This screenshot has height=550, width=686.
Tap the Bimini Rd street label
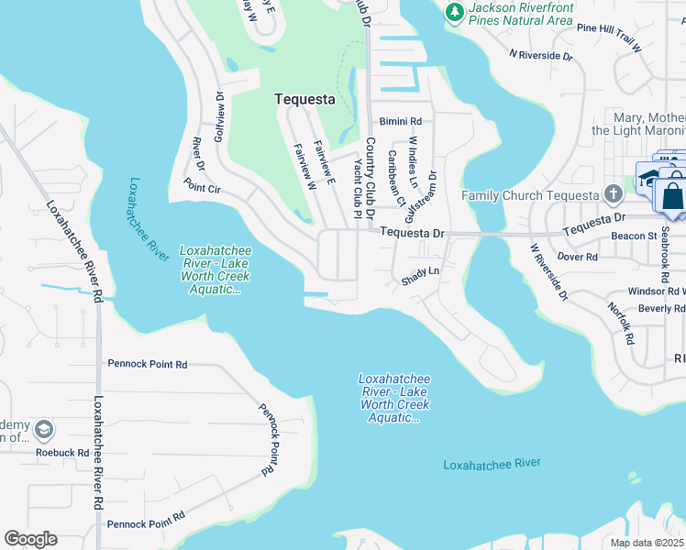click(x=400, y=121)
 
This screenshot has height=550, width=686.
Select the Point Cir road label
click(x=203, y=187)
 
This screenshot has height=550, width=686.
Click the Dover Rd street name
click(x=578, y=258)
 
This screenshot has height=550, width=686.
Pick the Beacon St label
click(x=638, y=236)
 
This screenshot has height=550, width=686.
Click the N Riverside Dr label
click(x=541, y=56)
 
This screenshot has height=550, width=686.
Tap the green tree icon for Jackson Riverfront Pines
click(x=453, y=11)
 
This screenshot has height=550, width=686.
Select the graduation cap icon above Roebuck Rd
click(x=42, y=429)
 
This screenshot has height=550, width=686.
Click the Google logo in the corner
click(x=30, y=538)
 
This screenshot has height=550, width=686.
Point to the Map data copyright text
click(x=647, y=543)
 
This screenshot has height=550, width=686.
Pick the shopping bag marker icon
click(x=673, y=197)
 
